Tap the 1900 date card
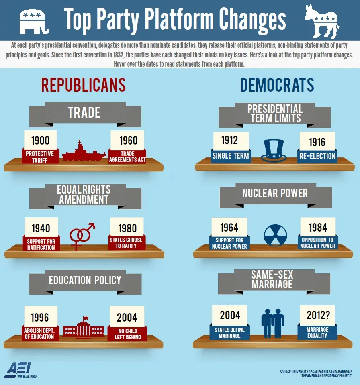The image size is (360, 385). tap(41, 140)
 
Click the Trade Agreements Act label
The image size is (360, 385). tap(127, 157)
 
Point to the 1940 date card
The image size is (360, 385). tap(41, 228)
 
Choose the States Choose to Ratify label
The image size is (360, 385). tap(126, 243)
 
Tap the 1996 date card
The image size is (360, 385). tap(41, 317)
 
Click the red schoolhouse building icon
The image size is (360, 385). tap(84, 328)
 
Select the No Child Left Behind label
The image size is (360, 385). tap(127, 333)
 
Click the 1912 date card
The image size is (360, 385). tap(230, 140)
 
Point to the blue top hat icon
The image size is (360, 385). tap(273, 151)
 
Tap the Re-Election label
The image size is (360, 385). tap(317, 156)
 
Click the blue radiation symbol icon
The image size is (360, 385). tap(275, 235)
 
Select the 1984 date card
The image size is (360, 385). tap(317, 227)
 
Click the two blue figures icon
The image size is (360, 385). tap(273, 323)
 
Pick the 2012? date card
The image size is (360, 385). tap(317, 315)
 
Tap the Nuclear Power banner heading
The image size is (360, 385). tap(275, 193)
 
